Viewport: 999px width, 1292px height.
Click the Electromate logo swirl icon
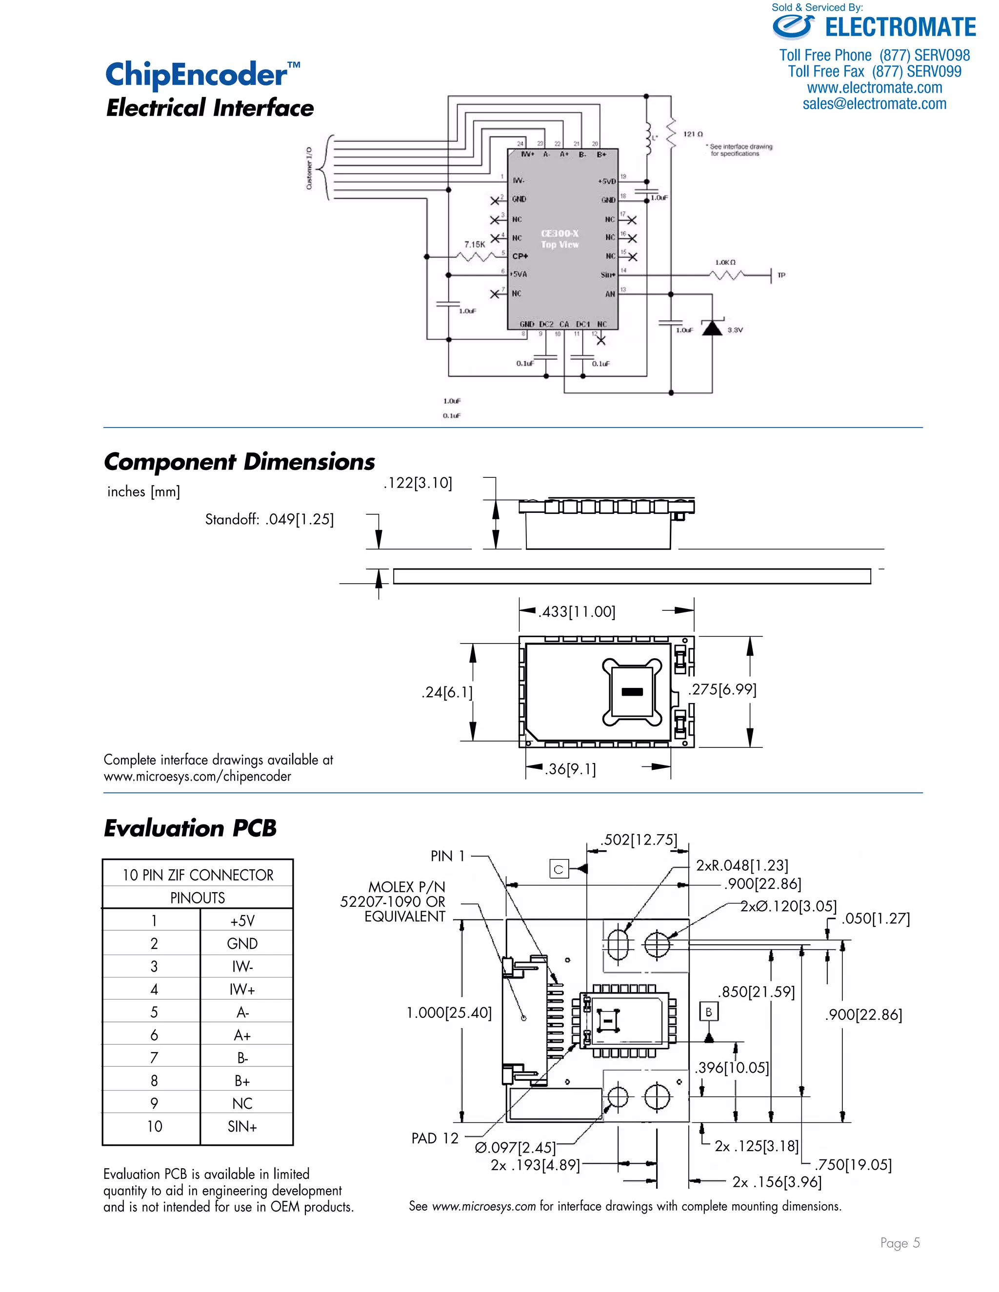coord(793,27)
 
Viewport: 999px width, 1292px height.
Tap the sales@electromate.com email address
coord(874,104)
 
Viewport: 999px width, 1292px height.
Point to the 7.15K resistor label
coord(475,244)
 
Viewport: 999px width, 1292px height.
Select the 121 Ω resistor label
coord(693,134)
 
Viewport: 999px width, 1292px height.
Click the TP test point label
coord(781,275)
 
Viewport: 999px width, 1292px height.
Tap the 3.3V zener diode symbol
coord(712,327)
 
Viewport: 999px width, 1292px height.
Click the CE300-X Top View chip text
coord(560,239)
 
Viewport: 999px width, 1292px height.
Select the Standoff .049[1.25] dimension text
coord(269,519)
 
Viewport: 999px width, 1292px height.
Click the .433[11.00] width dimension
coord(577,612)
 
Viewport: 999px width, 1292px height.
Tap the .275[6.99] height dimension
coord(722,689)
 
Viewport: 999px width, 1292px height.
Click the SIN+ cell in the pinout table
coord(242,1126)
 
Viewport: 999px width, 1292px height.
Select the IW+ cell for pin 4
coord(242,989)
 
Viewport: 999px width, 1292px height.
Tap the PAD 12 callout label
coord(435,1138)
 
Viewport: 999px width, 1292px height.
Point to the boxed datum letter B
coord(708,1012)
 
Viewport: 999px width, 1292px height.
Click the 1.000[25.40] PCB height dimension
coord(449,1013)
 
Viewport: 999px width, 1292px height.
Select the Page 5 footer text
coord(899,1243)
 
